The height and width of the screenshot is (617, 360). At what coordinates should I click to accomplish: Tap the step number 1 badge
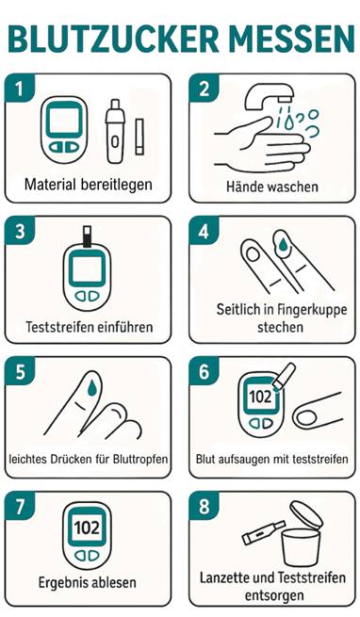[19, 89]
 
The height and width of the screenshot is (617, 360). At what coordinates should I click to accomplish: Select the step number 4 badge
[204, 231]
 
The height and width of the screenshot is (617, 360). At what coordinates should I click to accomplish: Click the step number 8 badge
[204, 506]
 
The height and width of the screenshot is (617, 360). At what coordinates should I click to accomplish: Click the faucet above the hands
[270, 97]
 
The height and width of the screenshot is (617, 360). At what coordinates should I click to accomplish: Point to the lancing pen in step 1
[114, 131]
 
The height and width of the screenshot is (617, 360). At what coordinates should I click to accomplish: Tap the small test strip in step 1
[139, 137]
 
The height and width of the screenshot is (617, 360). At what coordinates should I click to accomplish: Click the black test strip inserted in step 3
[87, 236]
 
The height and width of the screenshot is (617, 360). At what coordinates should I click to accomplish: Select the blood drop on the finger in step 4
[283, 244]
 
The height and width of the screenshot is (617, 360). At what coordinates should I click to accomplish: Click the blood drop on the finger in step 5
[92, 387]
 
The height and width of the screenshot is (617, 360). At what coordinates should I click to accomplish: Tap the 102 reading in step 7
[87, 527]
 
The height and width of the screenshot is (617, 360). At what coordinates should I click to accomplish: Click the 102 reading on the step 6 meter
[260, 397]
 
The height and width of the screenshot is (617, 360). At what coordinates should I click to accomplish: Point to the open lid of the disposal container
[306, 516]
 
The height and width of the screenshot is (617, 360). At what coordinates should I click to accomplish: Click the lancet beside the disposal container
[263, 532]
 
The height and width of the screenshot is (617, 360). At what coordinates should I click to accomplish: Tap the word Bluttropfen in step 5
[140, 459]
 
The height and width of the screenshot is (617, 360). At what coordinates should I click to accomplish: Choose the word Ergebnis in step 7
[60, 583]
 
